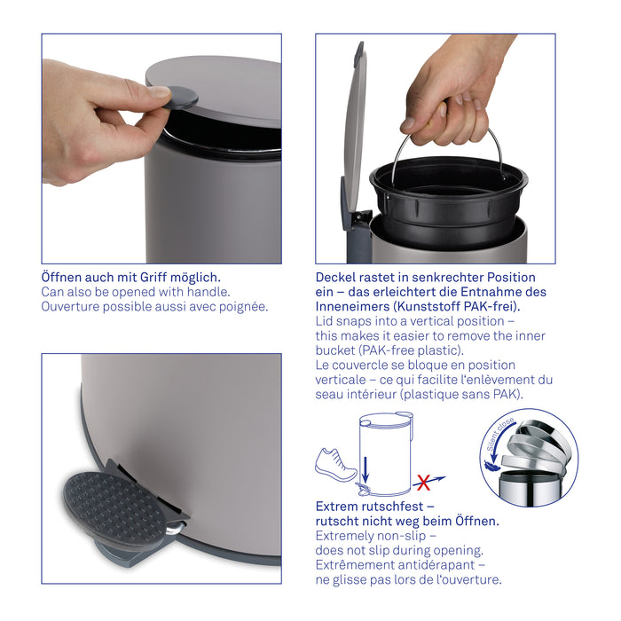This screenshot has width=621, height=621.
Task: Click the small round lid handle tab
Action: click(x=181, y=98)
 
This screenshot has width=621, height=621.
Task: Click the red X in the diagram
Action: click(x=424, y=483)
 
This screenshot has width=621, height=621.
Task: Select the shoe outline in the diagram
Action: click(x=335, y=465)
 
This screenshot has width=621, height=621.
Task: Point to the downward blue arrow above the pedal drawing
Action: click(x=366, y=470)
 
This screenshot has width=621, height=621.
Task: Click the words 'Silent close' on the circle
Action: click(x=499, y=435)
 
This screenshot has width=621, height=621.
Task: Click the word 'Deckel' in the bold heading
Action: click(x=335, y=277)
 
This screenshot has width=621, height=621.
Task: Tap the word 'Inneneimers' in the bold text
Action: click(x=352, y=307)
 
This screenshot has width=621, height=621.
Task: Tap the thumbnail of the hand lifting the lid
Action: click(x=161, y=148)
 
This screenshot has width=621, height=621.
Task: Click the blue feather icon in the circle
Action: click(x=491, y=465)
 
